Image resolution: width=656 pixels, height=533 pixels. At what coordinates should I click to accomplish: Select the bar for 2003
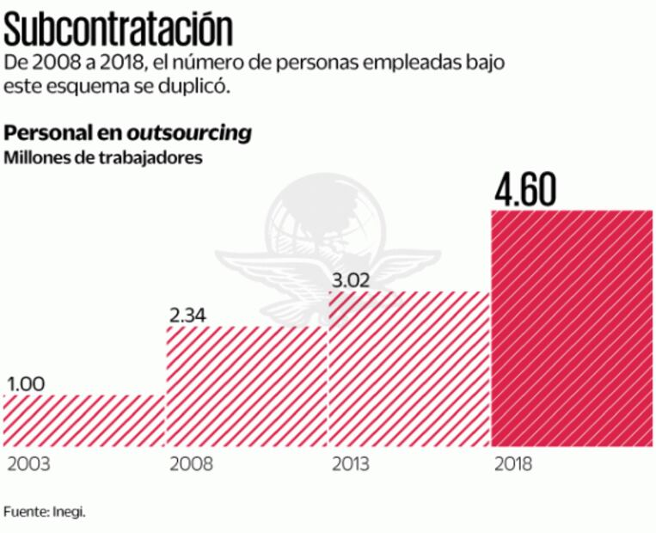(84, 420)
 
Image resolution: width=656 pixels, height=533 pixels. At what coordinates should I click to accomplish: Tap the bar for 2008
(247, 386)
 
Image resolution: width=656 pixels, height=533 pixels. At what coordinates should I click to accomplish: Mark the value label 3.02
(353, 279)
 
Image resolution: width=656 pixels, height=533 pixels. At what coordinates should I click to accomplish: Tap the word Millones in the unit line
(36, 157)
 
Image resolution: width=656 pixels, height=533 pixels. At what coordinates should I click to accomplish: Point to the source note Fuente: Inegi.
(45, 512)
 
